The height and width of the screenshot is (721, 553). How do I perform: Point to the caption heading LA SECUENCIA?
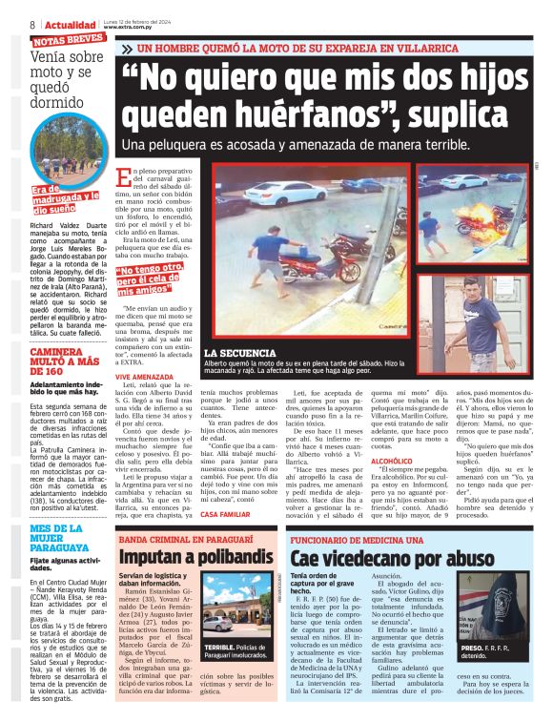(237, 352)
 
